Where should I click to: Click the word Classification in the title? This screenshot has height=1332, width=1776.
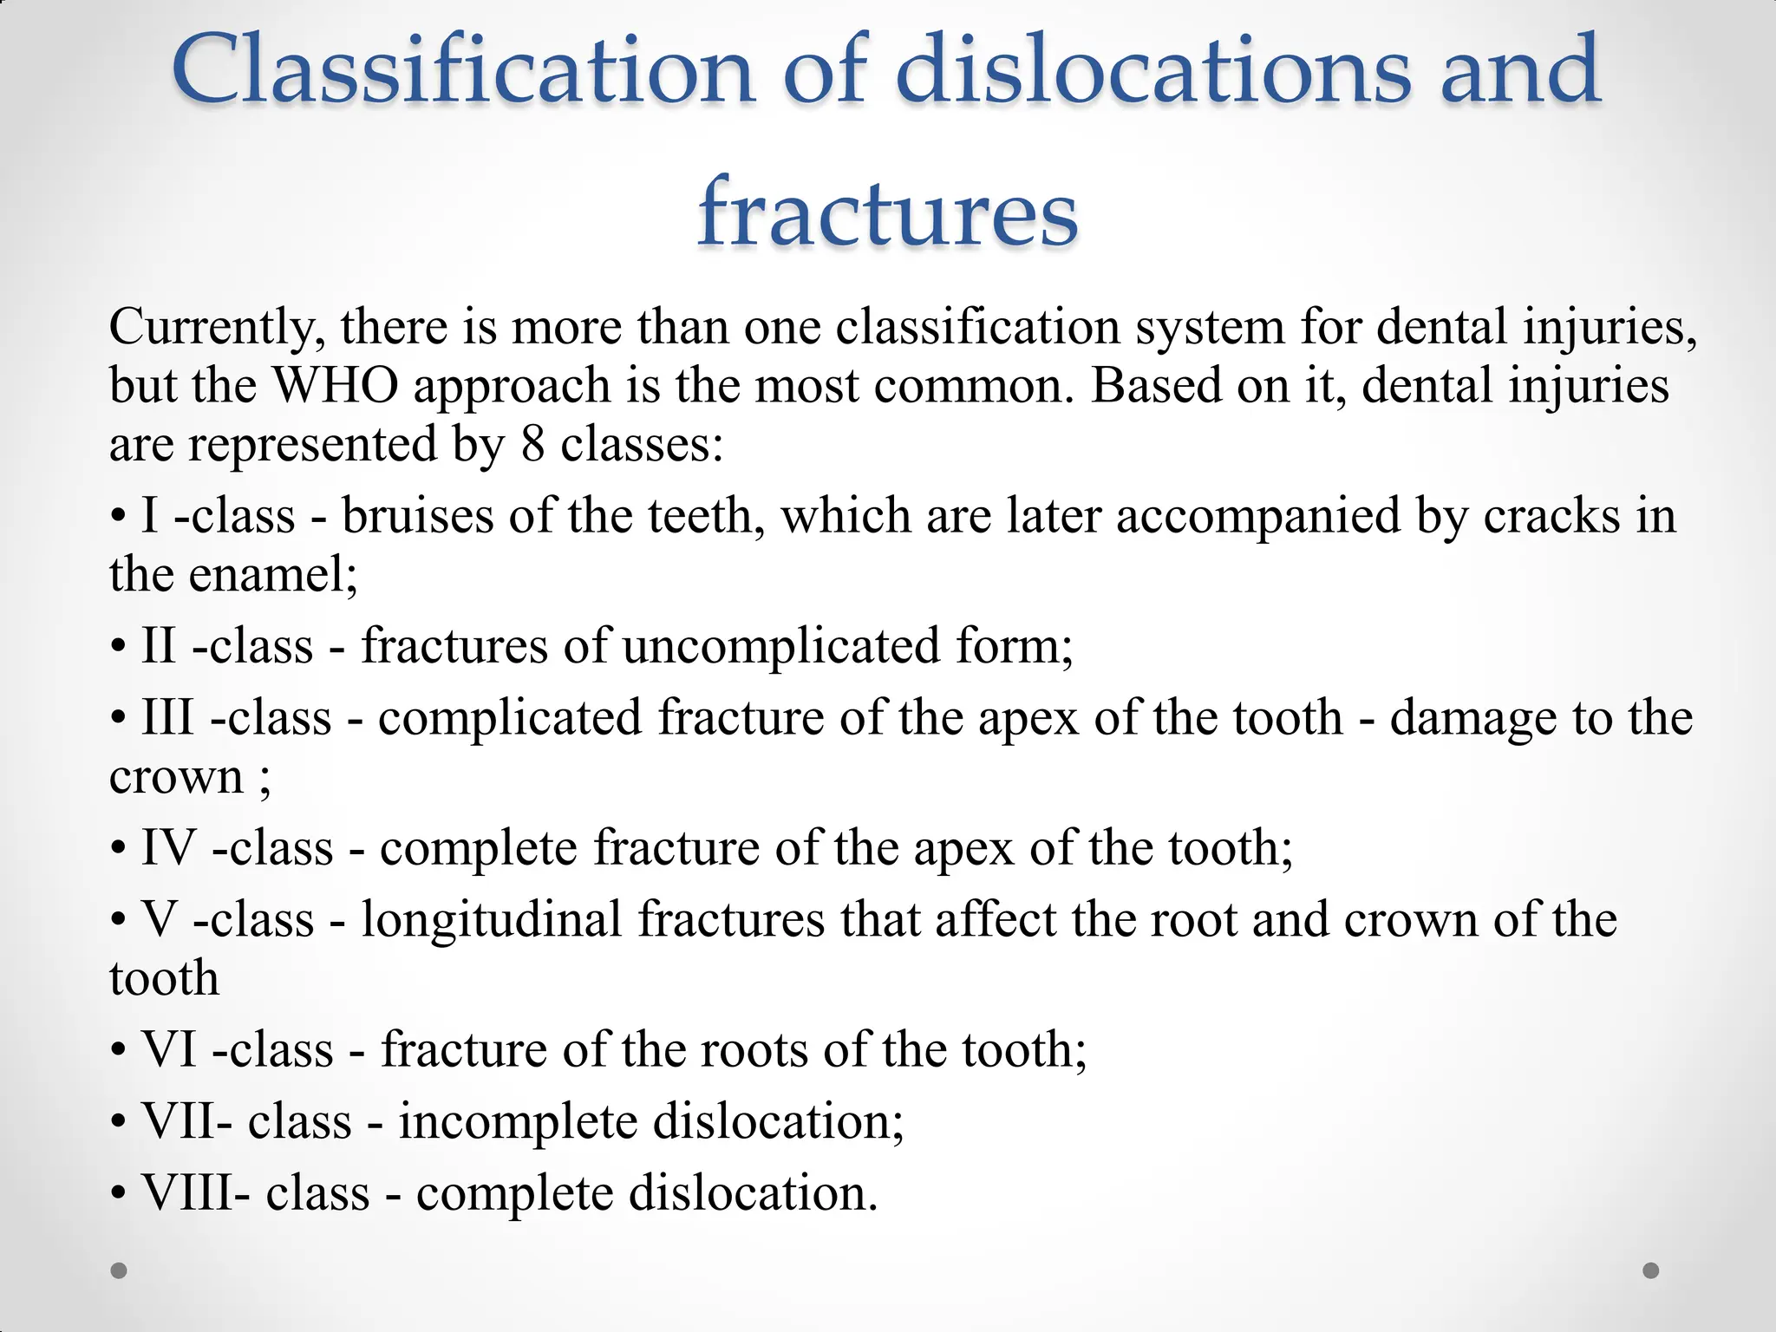coord(462,69)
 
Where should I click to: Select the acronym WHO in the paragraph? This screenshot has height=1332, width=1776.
coord(336,385)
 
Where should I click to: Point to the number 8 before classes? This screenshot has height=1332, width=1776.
coord(532,444)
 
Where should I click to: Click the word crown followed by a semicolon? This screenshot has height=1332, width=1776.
coord(176,776)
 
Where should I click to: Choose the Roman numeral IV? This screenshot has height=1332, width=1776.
coord(168,847)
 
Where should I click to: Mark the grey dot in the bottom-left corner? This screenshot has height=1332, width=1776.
coord(120,1270)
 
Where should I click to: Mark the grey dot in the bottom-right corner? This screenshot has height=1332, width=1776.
coord(1651,1270)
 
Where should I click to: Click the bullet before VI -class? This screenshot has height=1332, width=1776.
coord(118,1051)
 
